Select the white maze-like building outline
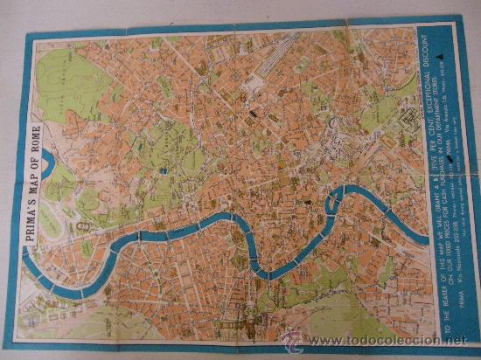click(398, 118)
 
